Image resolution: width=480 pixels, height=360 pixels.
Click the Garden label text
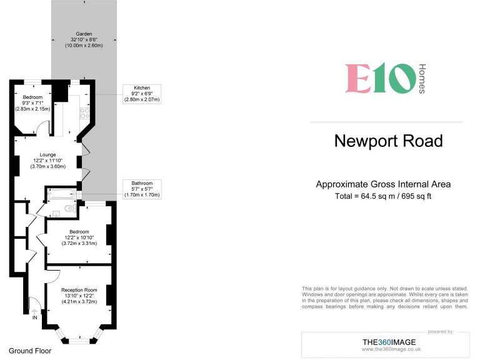[84, 40]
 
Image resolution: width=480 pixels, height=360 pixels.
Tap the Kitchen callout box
[142, 94]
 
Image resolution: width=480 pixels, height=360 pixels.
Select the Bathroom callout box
[142, 189]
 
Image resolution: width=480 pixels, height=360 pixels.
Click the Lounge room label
[47, 161]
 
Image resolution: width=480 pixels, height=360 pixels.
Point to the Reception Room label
[79, 296]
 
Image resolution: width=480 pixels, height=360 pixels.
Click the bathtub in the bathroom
[61, 194]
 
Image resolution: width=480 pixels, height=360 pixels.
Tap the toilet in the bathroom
[71, 209]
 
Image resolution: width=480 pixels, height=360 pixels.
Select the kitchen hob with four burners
[85, 113]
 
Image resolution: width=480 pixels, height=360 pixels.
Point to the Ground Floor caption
[30, 351]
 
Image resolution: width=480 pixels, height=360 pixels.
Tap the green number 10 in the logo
[395, 78]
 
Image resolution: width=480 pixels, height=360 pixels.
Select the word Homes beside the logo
[422, 79]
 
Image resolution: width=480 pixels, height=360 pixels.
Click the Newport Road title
[389, 141]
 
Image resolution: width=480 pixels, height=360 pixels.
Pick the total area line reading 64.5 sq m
[383, 196]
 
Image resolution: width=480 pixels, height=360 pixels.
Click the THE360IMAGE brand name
[389, 342]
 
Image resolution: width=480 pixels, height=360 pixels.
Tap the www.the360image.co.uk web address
[391, 349]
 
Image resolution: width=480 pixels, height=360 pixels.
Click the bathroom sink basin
[56, 213]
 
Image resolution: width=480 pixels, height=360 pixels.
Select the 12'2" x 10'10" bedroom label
[79, 237]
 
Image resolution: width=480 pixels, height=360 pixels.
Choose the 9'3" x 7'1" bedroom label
[32, 103]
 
